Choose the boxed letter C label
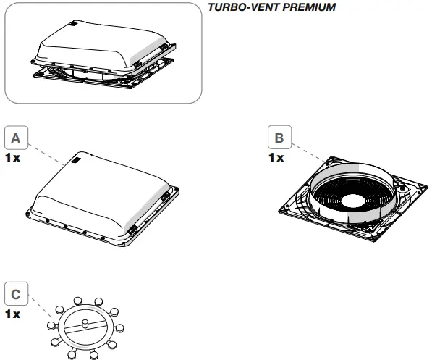pos(17,295)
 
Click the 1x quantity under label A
pos(13,156)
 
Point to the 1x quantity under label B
pos(276,156)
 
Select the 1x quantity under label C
pos(13,314)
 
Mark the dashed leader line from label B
pos(308,151)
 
